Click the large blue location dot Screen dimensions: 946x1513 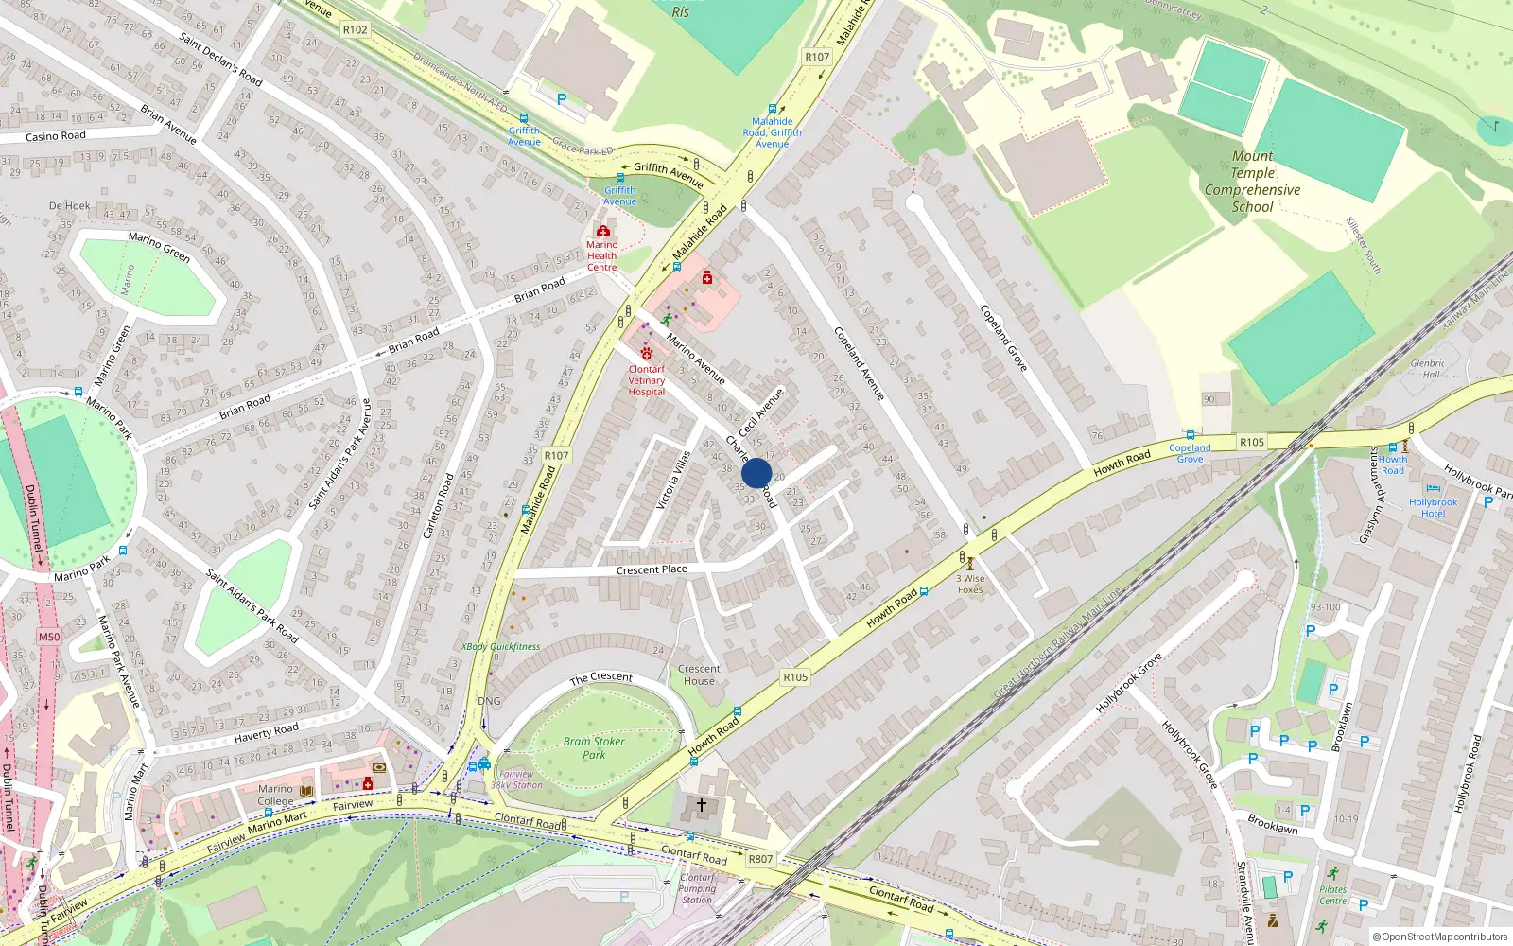pos(756,473)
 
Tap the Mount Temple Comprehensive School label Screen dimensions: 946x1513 pos(1252,182)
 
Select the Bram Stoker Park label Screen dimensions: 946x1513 pos(594,747)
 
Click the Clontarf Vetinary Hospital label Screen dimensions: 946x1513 pos(647,380)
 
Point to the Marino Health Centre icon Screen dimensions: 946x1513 pos(602,231)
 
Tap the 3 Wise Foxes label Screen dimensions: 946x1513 pos(970,584)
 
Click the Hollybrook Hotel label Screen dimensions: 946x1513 pos(1433,508)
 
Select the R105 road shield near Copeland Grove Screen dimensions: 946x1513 pos(1252,442)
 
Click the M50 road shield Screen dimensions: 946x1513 pos(49,637)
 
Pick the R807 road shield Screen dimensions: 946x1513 pos(760,859)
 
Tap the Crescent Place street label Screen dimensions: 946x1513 pos(652,569)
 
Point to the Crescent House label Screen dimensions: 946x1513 pos(699,674)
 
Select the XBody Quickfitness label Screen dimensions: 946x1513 pos(501,647)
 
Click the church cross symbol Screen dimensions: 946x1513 pos(702,804)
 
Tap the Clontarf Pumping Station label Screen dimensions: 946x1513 pos(697,888)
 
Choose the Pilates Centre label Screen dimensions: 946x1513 pos(1332,895)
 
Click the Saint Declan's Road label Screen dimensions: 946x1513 pos(220,60)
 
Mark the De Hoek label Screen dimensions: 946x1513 pos(70,205)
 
